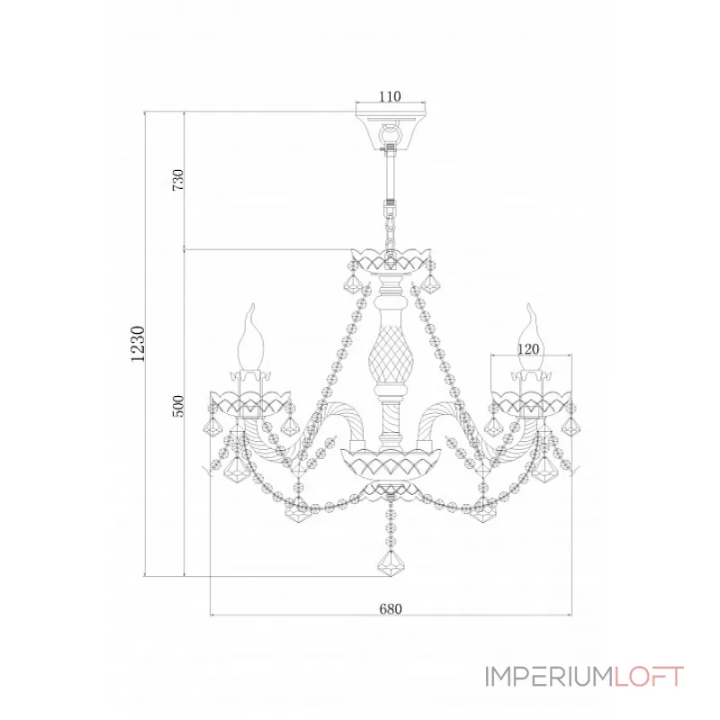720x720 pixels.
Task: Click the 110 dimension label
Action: (x=390, y=96)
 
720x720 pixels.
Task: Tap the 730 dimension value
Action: (x=177, y=180)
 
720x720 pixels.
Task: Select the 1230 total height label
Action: (x=138, y=344)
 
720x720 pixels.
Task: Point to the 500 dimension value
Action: (x=177, y=406)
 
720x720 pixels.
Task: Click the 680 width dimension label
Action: (x=391, y=609)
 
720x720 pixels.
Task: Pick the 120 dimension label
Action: (x=528, y=349)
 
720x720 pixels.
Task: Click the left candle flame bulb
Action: (x=251, y=337)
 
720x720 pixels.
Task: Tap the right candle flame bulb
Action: (x=531, y=337)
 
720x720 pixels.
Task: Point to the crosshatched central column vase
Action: (x=391, y=355)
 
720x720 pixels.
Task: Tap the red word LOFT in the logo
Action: (x=649, y=677)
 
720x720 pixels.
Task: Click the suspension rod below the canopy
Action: (x=391, y=176)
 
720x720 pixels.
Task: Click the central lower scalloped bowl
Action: (x=391, y=463)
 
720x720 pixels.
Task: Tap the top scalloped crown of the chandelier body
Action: (x=391, y=259)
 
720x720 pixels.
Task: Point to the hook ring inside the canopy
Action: (x=391, y=133)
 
